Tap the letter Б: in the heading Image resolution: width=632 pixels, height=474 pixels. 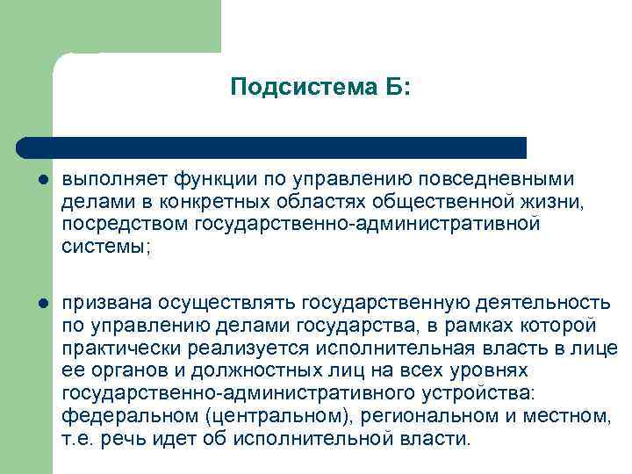point(391,87)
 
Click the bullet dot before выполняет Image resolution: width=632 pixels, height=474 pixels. point(42,181)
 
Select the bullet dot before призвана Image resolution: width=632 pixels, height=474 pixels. point(42,304)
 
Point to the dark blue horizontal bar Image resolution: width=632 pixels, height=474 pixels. point(272,147)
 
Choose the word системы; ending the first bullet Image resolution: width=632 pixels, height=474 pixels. point(105,248)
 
